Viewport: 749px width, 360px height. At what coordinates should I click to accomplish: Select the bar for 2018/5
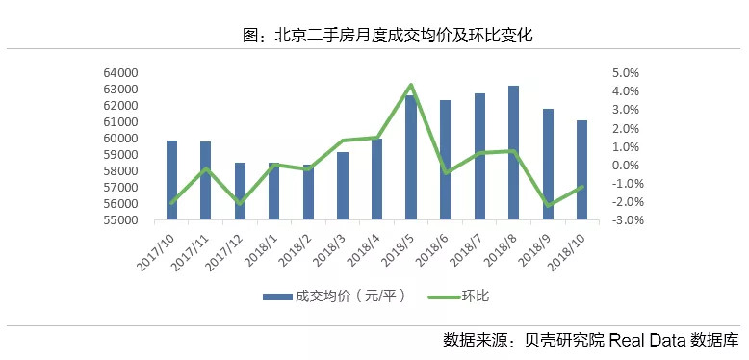click(x=411, y=158)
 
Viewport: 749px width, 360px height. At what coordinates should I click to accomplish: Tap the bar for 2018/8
click(x=514, y=153)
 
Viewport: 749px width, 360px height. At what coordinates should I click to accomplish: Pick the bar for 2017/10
click(x=171, y=180)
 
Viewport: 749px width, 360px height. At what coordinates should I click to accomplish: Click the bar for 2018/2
click(x=308, y=193)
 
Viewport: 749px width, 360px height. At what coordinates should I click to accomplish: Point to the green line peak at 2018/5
click(x=411, y=86)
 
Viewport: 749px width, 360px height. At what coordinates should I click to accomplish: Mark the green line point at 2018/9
click(x=548, y=205)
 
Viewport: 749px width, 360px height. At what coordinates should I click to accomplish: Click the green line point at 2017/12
click(x=240, y=203)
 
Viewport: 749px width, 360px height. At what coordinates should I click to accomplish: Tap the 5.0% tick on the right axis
click(x=626, y=73)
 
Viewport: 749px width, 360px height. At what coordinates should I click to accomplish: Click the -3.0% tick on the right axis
click(x=624, y=220)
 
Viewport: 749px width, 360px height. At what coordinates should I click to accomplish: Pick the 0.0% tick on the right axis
click(x=626, y=166)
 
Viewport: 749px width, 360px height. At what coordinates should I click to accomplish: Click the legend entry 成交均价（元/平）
click(x=333, y=296)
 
